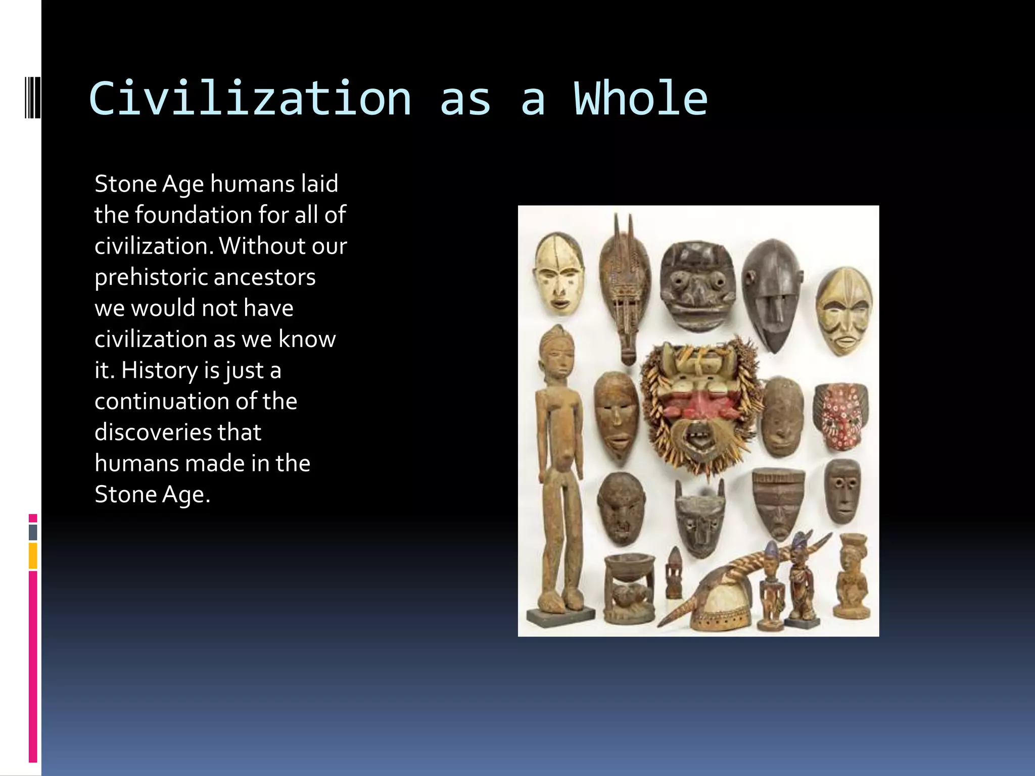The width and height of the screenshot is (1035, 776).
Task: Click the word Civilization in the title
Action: [x=250, y=99]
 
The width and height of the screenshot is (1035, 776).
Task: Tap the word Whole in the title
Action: [x=640, y=99]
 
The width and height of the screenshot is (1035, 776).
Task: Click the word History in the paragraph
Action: [x=159, y=370]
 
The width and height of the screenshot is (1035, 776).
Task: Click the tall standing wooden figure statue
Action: [x=558, y=470]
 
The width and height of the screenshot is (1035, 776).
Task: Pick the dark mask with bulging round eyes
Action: [x=697, y=285]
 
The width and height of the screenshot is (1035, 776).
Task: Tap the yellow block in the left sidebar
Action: [x=33, y=556]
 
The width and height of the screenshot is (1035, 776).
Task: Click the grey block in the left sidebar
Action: [x=33, y=532]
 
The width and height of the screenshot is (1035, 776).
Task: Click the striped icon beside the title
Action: [x=33, y=97]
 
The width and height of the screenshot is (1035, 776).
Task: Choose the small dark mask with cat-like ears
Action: [x=700, y=518]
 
